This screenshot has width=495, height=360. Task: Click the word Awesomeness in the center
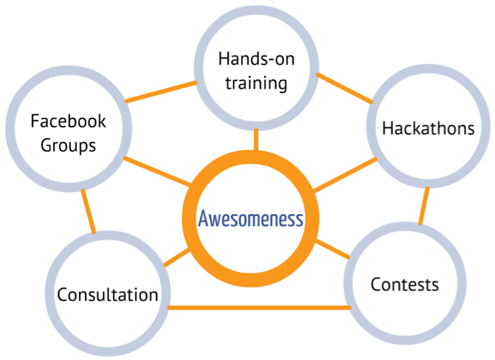(251, 219)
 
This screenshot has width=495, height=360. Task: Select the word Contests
(404, 284)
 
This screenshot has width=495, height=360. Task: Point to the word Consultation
(108, 294)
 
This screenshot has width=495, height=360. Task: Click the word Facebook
(68, 121)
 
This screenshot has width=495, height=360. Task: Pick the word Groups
(68, 145)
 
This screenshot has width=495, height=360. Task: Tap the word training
(256, 83)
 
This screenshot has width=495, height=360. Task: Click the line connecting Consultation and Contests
(259, 308)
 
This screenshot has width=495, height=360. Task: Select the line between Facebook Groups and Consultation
(88, 212)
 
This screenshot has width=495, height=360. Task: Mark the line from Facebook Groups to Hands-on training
(162, 91)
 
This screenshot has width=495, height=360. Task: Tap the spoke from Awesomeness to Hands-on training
(255, 140)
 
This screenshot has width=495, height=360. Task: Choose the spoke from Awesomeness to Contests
(330, 248)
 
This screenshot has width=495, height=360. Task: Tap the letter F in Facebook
(34, 121)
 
